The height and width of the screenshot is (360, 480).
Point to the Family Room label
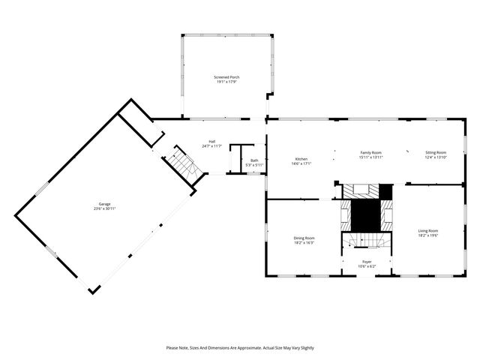click(370, 152)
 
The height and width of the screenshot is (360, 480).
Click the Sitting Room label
click(436, 152)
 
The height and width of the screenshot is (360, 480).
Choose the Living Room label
click(428, 230)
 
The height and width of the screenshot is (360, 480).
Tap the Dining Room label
click(304, 238)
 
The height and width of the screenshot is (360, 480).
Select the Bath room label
click(254, 160)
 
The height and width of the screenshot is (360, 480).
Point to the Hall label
click(212, 141)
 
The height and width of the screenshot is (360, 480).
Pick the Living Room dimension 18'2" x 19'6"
click(428, 235)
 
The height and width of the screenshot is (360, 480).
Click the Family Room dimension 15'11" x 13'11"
click(370, 157)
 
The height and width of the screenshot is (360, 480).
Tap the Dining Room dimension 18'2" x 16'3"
click(304, 243)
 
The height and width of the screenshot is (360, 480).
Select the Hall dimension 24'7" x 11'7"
click(212, 145)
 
